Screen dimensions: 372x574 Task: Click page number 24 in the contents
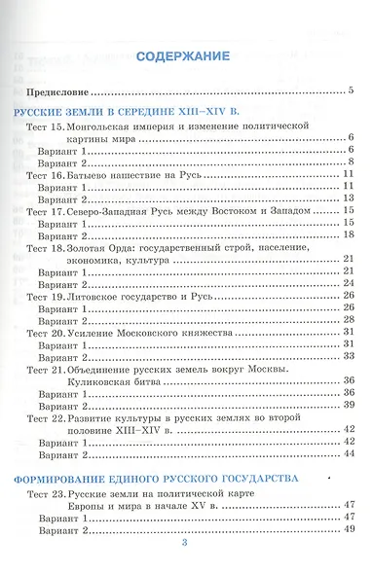(x=348, y=283)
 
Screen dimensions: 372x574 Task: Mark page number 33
(x=348, y=356)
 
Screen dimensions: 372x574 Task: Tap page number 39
(x=348, y=405)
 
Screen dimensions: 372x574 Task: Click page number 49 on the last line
(x=348, y=529)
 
